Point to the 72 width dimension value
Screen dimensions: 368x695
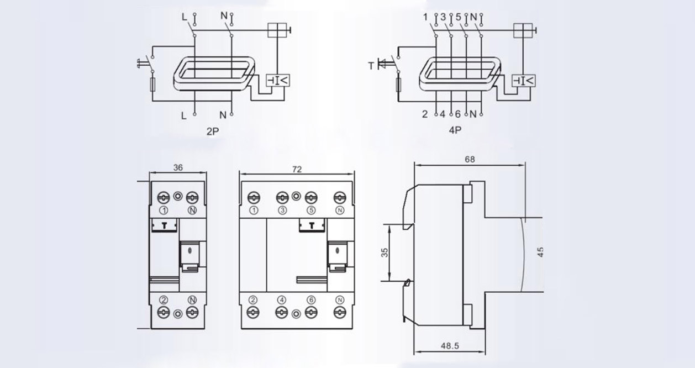coord(297,170)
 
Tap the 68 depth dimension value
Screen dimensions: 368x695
coord(470,159)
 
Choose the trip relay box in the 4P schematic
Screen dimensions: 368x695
coord(523,81)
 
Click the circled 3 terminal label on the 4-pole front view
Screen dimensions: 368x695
coord(282,211)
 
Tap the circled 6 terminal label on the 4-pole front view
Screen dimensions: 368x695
coord(311,300)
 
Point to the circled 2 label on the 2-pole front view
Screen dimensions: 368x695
coord(164,300)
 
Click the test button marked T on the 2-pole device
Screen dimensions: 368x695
coord(164,224)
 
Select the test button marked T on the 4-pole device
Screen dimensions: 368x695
coord(311,224)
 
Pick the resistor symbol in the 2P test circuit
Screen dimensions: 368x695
coord(153,86)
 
